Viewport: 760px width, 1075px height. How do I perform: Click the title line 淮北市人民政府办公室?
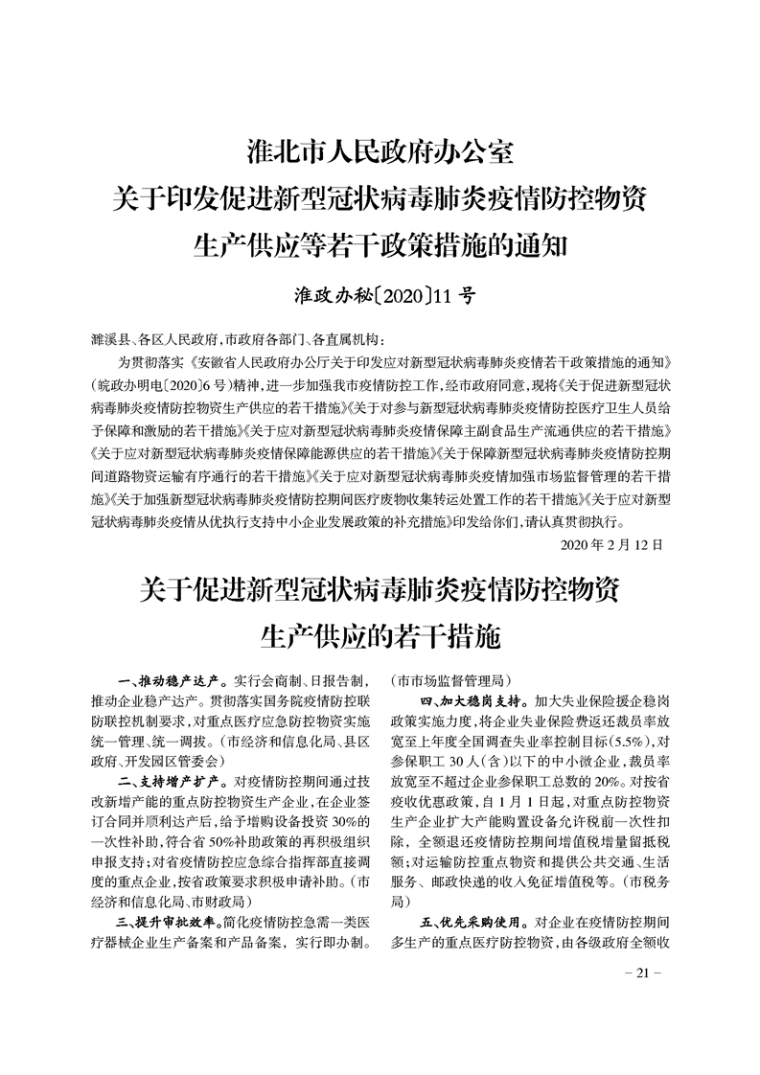coord(380,151)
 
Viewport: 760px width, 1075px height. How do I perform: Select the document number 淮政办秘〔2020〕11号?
coord(380,293)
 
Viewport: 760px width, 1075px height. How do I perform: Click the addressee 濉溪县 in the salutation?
coord(107,339)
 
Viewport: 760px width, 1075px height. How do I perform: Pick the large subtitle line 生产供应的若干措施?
coord(380,634)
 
